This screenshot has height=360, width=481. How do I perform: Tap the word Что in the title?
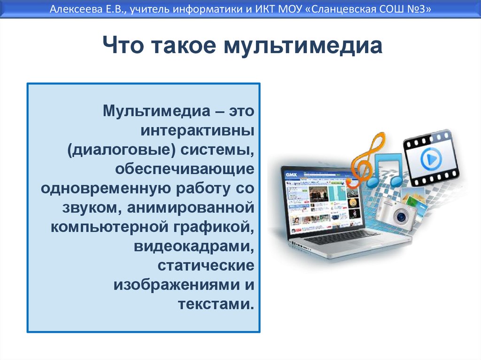[x=123, y=45]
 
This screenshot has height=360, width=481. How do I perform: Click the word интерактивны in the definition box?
[x=197, y=130]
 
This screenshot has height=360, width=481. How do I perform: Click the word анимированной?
[x=191, y=207]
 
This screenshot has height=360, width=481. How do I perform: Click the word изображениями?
[x=177, y=285]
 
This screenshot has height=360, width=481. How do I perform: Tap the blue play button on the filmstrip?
[x=431, y=159]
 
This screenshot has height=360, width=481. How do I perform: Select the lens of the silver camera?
[x=400, y=217]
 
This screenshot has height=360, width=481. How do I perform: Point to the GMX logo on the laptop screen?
[x=291, y=175]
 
